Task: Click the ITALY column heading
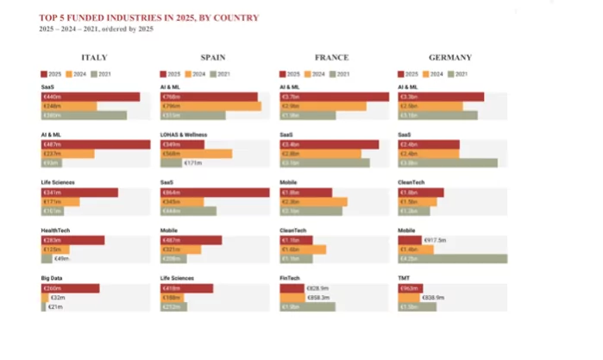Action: point(95,58)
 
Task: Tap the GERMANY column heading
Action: point(450,58)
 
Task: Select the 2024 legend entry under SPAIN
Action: point(197,74)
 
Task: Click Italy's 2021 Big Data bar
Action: point(43,306)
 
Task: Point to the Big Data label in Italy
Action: point(53,279)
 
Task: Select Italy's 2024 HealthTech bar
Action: point(52,249)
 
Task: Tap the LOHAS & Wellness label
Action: point(184,135)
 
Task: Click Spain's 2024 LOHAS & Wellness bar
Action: point(196,154)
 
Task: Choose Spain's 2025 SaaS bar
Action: point(215,193)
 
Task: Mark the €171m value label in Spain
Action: point(193,163)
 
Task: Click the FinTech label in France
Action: point(290,279)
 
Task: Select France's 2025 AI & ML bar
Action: point(334,97)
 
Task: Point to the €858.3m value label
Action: point(320,297)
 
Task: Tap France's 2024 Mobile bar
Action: point(313,202)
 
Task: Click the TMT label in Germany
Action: point(404,279)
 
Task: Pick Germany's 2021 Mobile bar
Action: point(452,258)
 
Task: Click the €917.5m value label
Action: point(437,240)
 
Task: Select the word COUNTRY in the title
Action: point(236,17)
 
